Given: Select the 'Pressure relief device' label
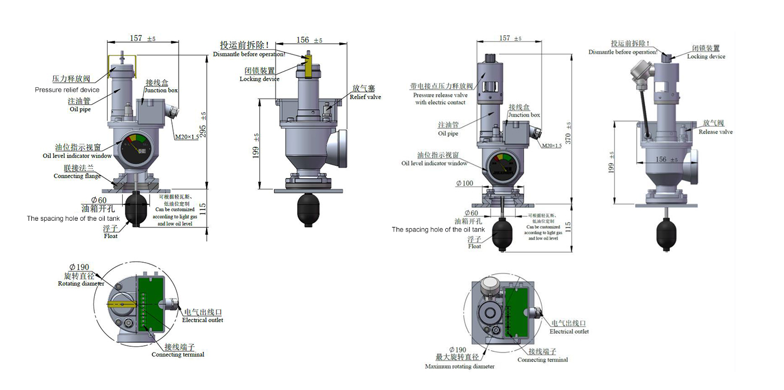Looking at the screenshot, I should (67, 90).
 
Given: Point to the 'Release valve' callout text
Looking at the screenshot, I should (716, 132).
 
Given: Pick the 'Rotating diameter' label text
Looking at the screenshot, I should (81, 284).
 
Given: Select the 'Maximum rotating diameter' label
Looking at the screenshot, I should (460, 366).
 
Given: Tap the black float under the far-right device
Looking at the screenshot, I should (666, 233).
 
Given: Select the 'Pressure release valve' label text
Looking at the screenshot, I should (440, 95).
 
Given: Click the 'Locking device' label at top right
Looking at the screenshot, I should (706, 57).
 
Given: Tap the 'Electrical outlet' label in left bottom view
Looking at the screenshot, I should (203, 320).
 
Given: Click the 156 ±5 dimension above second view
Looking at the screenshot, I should (309, 40).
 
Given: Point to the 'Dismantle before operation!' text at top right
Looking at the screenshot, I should (622, 52).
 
